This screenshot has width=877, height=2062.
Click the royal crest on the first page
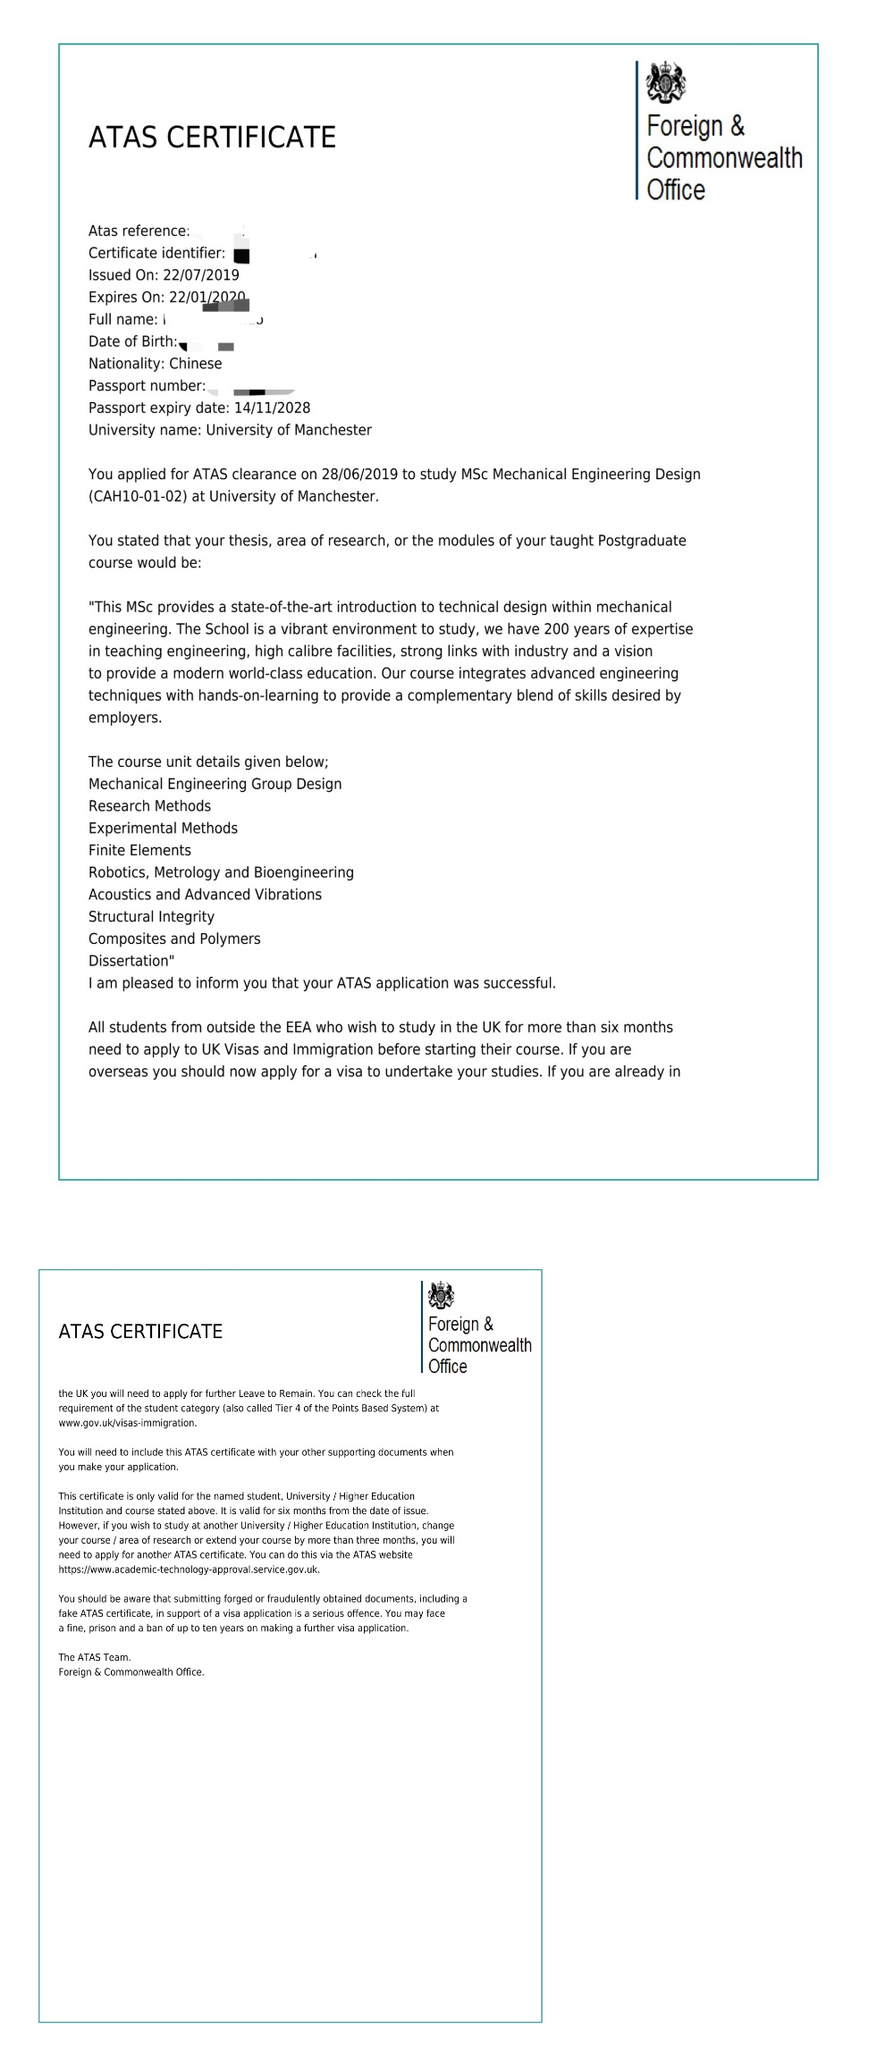pyautogui.click(x=666, y=83)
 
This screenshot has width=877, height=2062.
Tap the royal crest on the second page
pyautogui.click(x=442, y=1294)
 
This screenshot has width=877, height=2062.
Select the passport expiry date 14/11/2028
pyautogui.click(x=272, y=408)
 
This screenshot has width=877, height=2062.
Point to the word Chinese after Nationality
pyautogui.click(x=195, y=364)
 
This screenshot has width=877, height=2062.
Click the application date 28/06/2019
pyautogui.click(x=359, y=474)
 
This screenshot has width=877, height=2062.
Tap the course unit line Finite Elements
pyautogui.click(x=139, y=850)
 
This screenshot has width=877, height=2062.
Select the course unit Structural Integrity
pyautogui.click(x=151, y=916)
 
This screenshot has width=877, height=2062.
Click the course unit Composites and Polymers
pyautogui.click(x=174, y=938)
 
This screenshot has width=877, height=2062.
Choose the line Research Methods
pyautogui.click(x=149, y=805)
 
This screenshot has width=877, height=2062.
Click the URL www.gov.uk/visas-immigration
pyautogui.click(x=127, y=1423)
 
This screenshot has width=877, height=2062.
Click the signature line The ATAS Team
pyautogui.click(x=94, y=1657)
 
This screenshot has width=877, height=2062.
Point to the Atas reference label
pyautogui.click(x=139, y=231)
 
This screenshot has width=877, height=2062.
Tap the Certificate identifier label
pyautogui.click(x=156, y=253)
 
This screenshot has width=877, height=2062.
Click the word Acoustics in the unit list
pyautogui.click(x=121, y=895)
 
